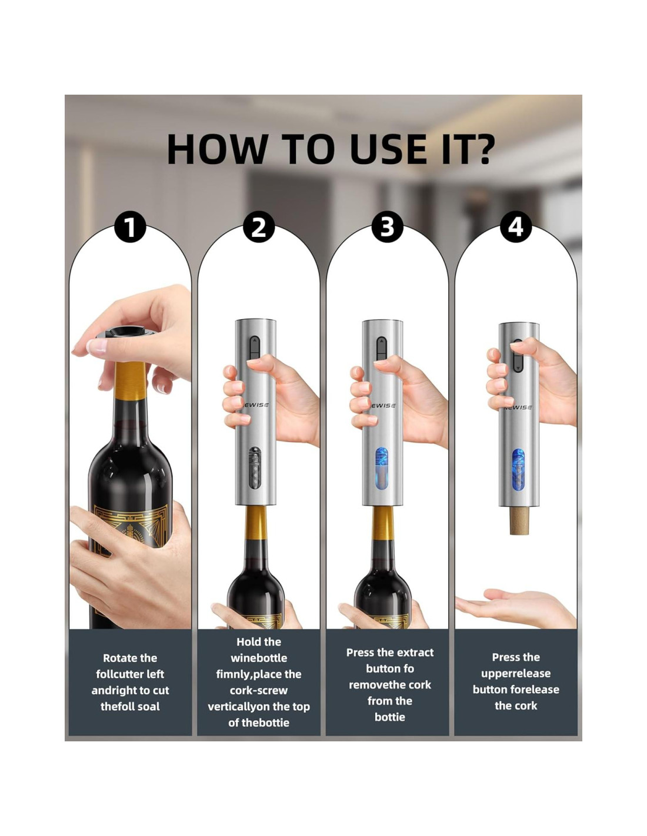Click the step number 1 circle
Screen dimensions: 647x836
tap(130, 227)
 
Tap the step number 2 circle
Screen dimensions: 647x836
tap(259, 227)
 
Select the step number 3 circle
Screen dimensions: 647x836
tap(387, 227)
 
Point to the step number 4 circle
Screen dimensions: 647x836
tap(515, 227)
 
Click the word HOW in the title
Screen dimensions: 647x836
tap(216, 149)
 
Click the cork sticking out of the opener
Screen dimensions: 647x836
tap(518, 520)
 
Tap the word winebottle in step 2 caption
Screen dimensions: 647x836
tap(259, 658)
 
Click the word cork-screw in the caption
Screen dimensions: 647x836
tap(259, 690)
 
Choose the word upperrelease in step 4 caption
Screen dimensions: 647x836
tap(516, 674)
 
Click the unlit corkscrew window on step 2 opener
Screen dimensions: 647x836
tap(255, 468)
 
